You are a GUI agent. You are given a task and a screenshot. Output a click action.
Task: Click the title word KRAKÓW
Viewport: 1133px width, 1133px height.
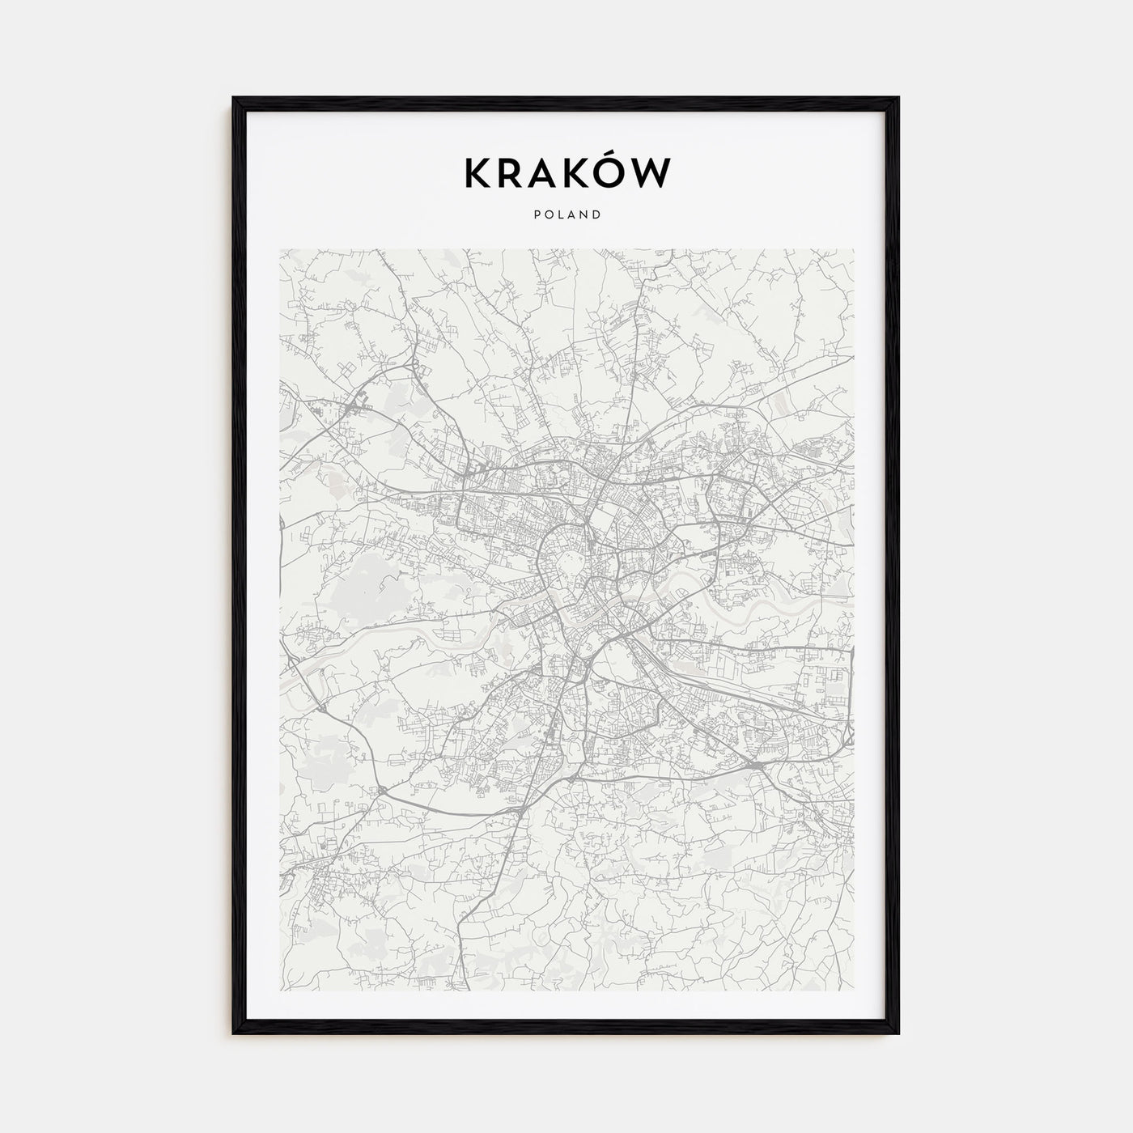(566, 172)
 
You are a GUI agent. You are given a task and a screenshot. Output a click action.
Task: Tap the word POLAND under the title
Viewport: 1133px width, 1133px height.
(566, 215)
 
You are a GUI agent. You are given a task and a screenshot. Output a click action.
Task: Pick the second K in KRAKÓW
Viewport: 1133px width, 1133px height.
(578, 173)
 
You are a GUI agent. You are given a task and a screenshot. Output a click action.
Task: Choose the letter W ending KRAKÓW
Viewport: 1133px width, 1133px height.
(653, 173)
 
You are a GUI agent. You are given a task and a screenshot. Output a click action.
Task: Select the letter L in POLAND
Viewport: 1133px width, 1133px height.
(561, 215)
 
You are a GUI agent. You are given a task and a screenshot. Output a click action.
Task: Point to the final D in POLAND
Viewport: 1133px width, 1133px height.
(597, 215)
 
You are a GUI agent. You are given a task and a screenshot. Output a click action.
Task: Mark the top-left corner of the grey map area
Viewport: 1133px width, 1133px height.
(280, 249)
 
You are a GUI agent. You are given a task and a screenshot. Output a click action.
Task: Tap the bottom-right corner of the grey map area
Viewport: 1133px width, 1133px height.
(853, 991)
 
